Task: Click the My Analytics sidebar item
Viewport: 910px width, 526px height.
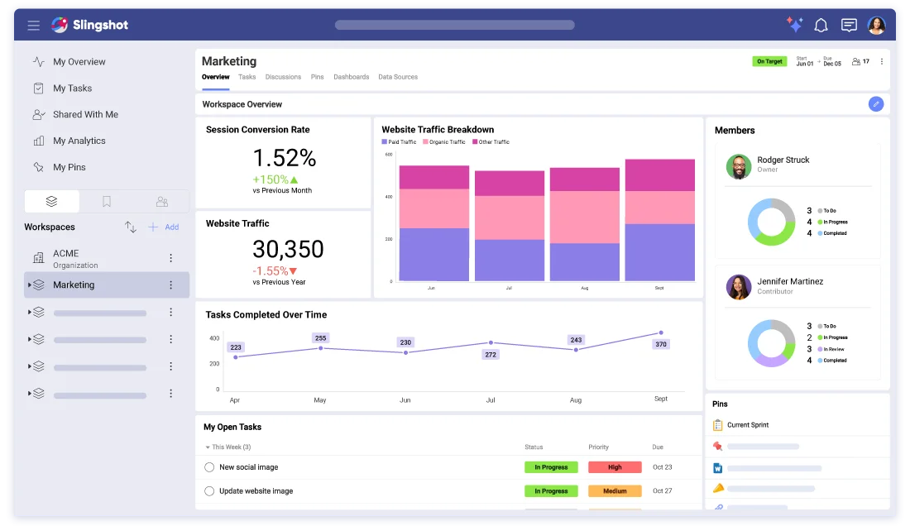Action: (79, 141)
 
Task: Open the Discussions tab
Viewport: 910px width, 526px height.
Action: (283, 77)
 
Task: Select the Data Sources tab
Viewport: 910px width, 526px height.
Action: (398, 77)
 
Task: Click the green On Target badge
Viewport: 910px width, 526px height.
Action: (769, 61)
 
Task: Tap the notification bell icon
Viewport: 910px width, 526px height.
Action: (821, 26)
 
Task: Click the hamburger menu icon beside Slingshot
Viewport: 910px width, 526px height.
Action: (34, 26)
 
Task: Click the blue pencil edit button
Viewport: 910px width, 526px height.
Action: (876, 104)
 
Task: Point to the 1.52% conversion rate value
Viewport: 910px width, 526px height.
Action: (284, 157)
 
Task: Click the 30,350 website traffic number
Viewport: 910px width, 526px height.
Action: (288, 249)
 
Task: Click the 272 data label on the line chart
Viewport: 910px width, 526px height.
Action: (491, 355)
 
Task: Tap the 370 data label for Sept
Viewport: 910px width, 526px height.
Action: (660, 344)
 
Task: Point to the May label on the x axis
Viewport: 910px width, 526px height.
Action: (320, 399)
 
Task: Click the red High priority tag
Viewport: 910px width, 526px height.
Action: (615, 467)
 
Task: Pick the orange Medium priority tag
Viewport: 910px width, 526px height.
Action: (615, 491)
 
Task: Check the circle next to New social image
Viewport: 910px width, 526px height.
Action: (209, 467)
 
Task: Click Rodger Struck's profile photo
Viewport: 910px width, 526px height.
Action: (739, 166)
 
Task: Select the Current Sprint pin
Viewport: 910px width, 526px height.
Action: (747, 425)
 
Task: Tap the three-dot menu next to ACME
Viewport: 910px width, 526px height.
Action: (171, 258)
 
